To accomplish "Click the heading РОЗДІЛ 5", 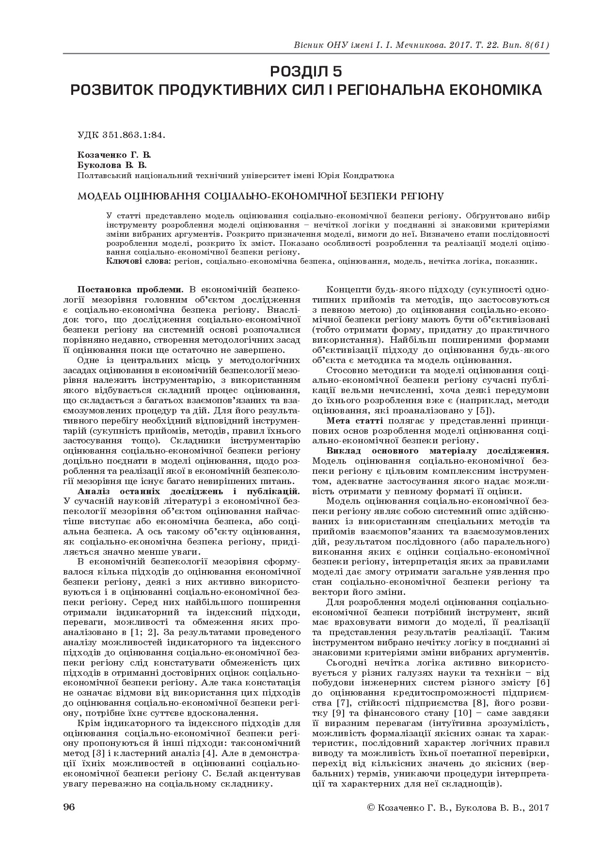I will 306,72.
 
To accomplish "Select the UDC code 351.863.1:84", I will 134,136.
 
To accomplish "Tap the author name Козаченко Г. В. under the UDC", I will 114,155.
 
